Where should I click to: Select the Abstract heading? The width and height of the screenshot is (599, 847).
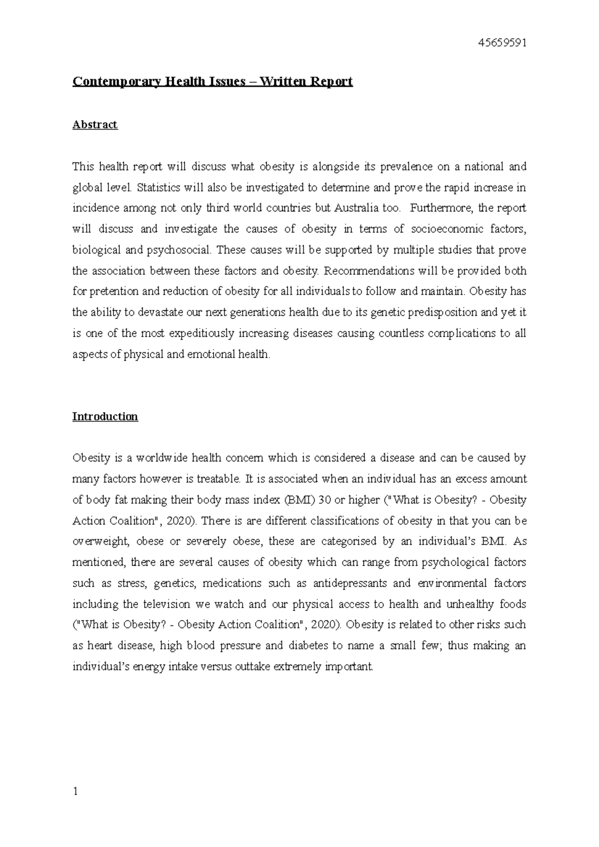point(95,125)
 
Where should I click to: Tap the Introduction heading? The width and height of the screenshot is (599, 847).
point(105,417)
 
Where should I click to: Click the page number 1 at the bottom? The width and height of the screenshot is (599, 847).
point(75,791)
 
